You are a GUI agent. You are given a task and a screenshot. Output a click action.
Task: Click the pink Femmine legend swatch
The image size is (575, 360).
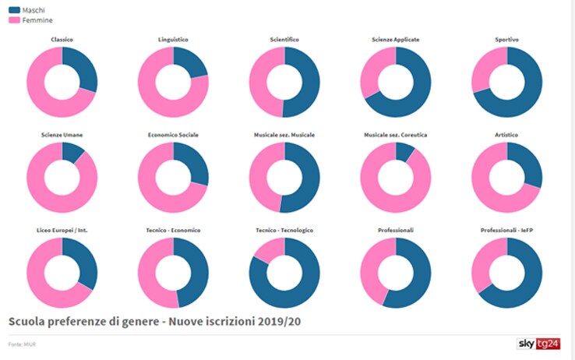[x=15, y=20]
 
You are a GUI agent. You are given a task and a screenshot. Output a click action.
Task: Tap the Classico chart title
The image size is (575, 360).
[x=62, y=39]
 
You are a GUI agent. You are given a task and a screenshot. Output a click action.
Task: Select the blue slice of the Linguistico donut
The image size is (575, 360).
[x=192, y=62]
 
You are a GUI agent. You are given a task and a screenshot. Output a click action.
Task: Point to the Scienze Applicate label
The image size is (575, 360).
[x=395, y=39]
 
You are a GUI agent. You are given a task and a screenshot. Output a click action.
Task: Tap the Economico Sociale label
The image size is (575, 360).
[x=173, y=135]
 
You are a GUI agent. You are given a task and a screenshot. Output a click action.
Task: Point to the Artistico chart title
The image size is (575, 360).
[x=506, y=135]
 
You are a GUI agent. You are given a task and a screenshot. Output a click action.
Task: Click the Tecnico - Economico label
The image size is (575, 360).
[x=173, y=230]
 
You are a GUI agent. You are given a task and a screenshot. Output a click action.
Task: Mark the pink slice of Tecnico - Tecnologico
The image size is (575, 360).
[x=267, y=249]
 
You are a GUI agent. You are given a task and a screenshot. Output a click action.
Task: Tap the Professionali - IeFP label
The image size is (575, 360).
[x=506, y=230]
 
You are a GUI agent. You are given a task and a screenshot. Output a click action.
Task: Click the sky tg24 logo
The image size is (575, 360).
[x=541, y=344]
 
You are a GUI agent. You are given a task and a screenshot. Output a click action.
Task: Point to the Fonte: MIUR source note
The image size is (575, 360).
[x=21, y=344]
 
